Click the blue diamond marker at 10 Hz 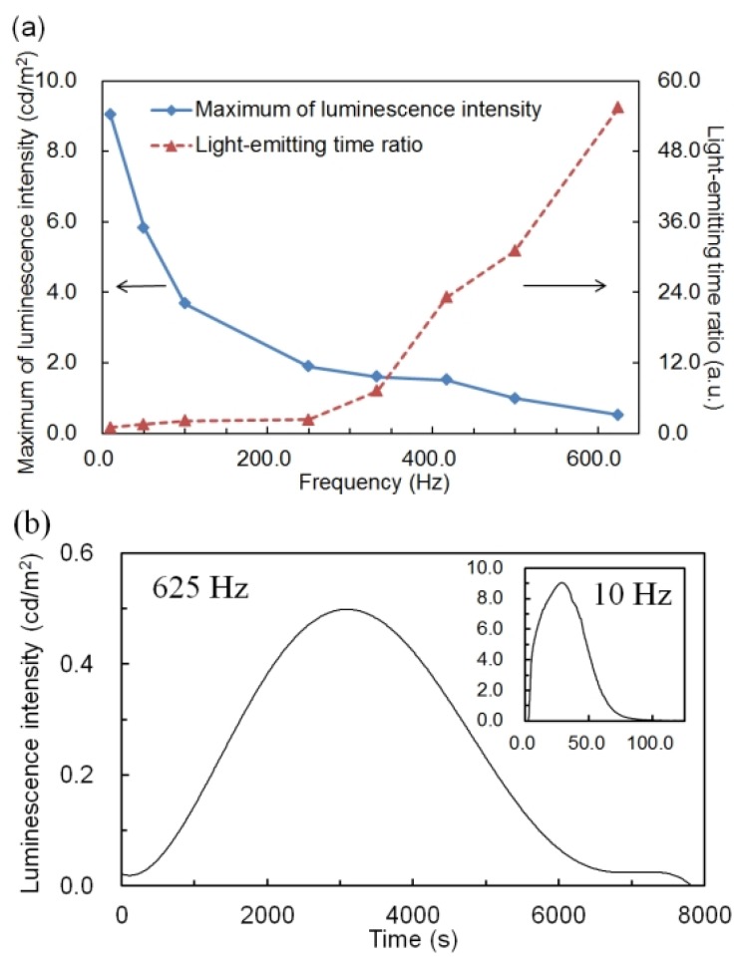pyautogui.click(x=109, y=115)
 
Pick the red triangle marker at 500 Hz pyautogui.click(x=515, y=250)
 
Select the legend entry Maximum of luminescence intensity pyautogui.click(x=368, y=109)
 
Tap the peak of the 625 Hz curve pyautogui.click(x=346, y=609)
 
